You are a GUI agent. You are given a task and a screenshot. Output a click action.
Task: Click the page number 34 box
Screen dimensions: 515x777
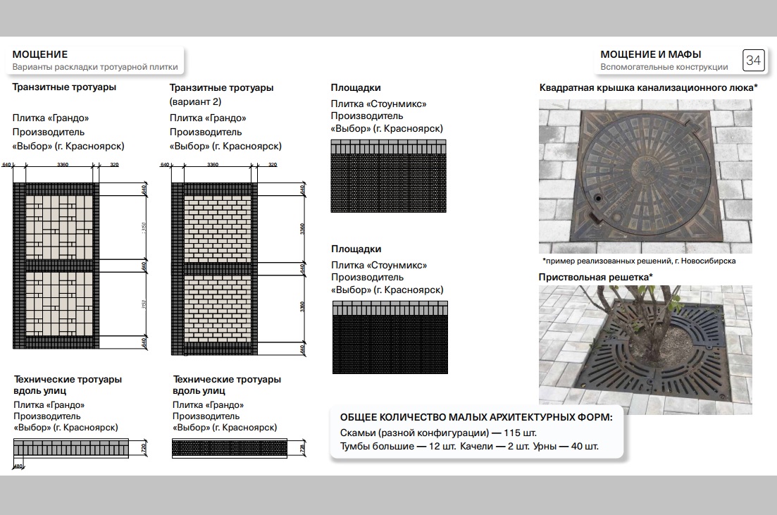[x=753, y=61]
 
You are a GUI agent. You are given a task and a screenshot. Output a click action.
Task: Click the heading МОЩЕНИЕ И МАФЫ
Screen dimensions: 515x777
[x=650, y=54]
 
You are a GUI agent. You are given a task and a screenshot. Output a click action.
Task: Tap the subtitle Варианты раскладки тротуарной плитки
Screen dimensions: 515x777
[x=95, y=68]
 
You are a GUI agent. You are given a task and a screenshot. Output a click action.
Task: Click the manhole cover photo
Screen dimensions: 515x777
[x=645, y=176]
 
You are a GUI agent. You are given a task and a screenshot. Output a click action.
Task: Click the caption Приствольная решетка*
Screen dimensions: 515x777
[x=595, y=277]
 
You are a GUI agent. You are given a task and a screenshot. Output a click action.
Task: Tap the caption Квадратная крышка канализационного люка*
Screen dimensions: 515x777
[x=648, y=88]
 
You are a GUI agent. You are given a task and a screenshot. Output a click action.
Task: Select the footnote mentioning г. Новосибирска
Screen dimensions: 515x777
[x=638, y=261]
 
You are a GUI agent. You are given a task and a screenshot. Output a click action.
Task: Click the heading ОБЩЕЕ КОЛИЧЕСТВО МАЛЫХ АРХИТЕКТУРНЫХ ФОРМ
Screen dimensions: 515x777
[x=476, y=417]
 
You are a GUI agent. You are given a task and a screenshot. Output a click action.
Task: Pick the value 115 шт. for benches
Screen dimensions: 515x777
[x=520, y=433]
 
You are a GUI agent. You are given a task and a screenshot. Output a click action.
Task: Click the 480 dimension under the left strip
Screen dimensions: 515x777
[x=18, y=466]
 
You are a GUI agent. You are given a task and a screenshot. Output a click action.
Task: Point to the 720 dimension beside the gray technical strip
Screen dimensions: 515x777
[x=144, y=447]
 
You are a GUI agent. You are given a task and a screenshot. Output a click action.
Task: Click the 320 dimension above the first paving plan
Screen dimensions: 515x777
[x=115, y=165]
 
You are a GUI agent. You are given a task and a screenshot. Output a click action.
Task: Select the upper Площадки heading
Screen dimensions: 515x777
[x=356, y=88]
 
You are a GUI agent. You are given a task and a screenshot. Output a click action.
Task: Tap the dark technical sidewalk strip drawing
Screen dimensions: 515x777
[x=229, y=448]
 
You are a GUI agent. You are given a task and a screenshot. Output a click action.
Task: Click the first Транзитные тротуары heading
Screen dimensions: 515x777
[x=64, y=88]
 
